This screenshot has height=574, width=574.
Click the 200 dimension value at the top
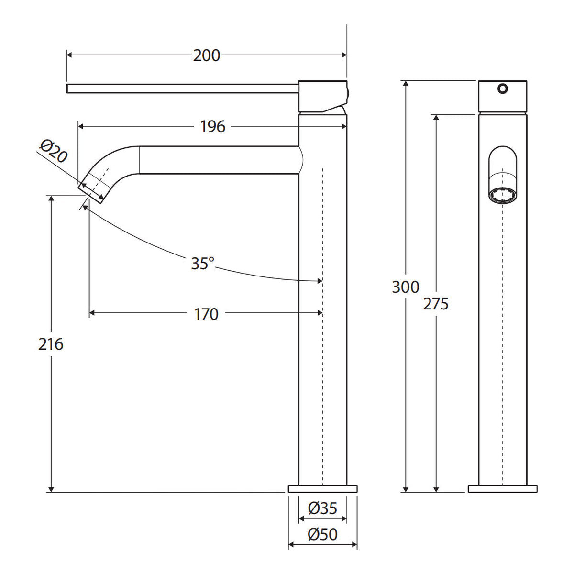[x=207, y=55]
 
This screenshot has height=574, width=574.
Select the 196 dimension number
[x=213, y=127]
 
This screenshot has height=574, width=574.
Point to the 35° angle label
[x=202, y=263]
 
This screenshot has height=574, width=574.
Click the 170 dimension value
[x=206, y=314]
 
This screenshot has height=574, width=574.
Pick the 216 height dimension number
[x=51, y=344]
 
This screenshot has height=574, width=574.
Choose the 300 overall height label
[x=406, y=287]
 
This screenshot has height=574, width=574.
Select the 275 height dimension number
[x=436, y=304]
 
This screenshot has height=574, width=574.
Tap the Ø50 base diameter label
[x=322, y=534]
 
